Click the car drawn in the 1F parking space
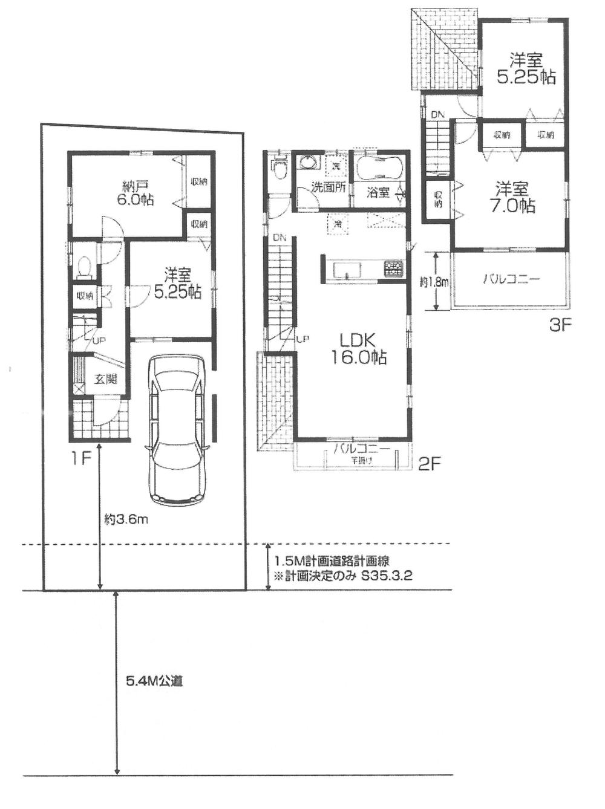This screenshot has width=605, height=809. [178, 427]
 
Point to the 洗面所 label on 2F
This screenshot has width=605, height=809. [328, 187]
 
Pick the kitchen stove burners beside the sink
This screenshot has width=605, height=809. [392, 265]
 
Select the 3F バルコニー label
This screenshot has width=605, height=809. [511, 279]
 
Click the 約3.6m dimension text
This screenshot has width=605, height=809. [126, 519]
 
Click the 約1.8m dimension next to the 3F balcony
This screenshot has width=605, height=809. [434, 282]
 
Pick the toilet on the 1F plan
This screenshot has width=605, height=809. [84, 265]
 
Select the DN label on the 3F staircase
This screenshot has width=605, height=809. [437, 115]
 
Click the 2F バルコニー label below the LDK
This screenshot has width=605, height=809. [362, 449]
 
